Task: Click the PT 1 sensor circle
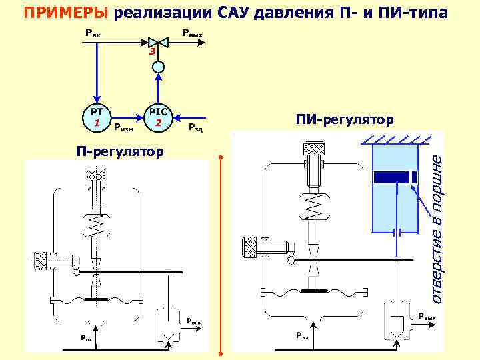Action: (x=97, y=117)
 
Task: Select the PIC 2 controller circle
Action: (x=158, y=117)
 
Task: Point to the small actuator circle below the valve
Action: (x=157, y=66)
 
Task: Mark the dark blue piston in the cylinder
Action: (x=395, y=177)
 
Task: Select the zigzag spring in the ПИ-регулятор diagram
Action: (x=314, y=207)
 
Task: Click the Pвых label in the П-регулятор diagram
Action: (x=194, y=322)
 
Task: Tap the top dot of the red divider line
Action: (x=220, y=158)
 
